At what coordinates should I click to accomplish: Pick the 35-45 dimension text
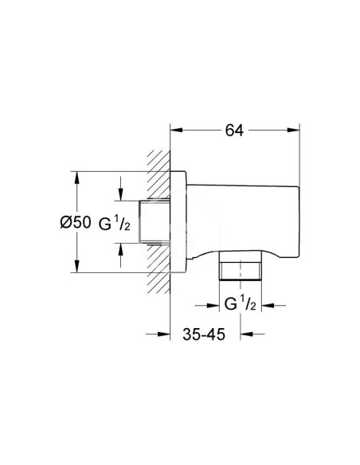pos(202,335)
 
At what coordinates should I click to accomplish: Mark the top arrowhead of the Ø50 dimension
pos(77,176)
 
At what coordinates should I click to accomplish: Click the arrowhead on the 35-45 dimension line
pos(177,335)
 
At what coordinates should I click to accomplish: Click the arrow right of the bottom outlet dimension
pos(267,303)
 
